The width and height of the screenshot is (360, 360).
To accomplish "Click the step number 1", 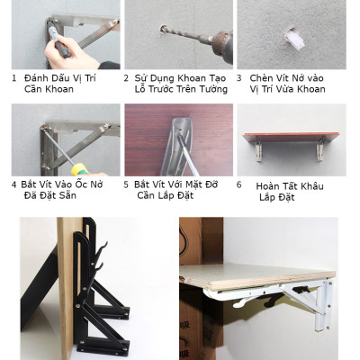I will point(14,78).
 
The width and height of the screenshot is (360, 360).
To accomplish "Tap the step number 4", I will point(14,184).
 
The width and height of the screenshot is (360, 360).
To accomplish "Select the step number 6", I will point(239,184).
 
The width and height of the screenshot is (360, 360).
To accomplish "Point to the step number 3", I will point(239,78).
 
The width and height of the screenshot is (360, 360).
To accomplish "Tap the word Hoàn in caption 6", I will point(269,186).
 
